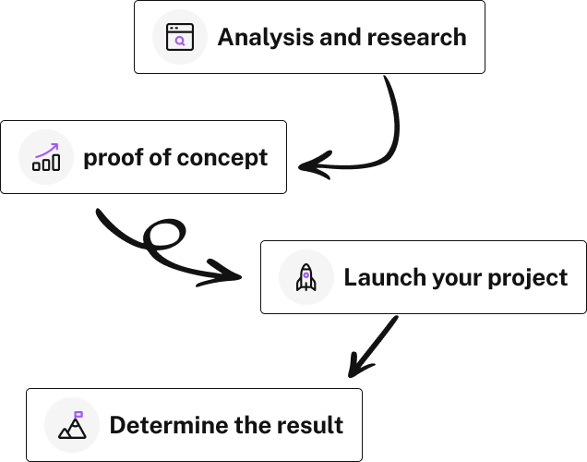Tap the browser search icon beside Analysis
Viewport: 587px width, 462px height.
point(180,37)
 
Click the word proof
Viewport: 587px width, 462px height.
point(113,158)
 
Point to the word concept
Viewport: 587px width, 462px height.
point(222,158)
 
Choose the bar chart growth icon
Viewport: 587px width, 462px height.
point(46,157)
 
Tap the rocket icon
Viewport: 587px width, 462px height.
point(306,277)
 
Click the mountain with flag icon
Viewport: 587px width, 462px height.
point(72,425)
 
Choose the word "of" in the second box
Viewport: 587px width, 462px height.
point(160,158)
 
